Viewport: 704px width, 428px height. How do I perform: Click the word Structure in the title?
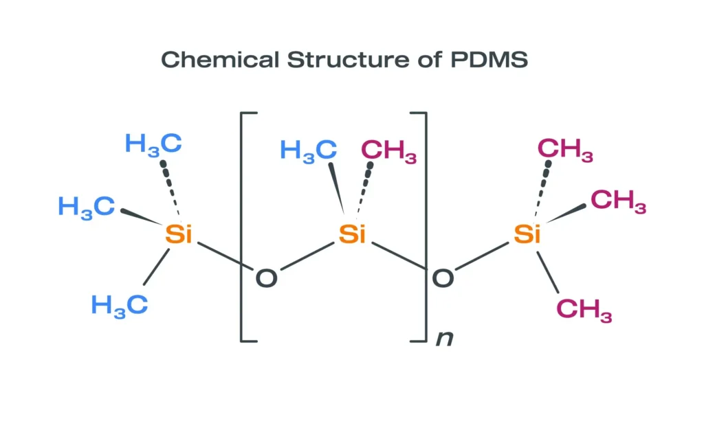[346, 60]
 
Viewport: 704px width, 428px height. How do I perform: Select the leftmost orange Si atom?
[179, 234]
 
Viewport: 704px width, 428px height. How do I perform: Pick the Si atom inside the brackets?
[352, 234]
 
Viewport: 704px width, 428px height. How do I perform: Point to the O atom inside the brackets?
[266, 278]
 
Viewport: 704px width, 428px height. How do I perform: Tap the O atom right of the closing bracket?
[442, 278]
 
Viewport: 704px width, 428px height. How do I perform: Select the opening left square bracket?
[242, 227]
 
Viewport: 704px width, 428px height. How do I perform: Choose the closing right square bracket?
[425, 227]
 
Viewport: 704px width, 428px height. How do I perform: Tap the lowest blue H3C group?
[120, 304]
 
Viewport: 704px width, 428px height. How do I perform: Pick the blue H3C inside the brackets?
[308, 150]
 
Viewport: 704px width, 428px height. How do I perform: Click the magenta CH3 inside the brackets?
[388, 150]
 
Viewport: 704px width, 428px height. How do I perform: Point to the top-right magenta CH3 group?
[565, 149]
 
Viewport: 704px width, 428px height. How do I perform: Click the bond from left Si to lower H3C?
[157, 266]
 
